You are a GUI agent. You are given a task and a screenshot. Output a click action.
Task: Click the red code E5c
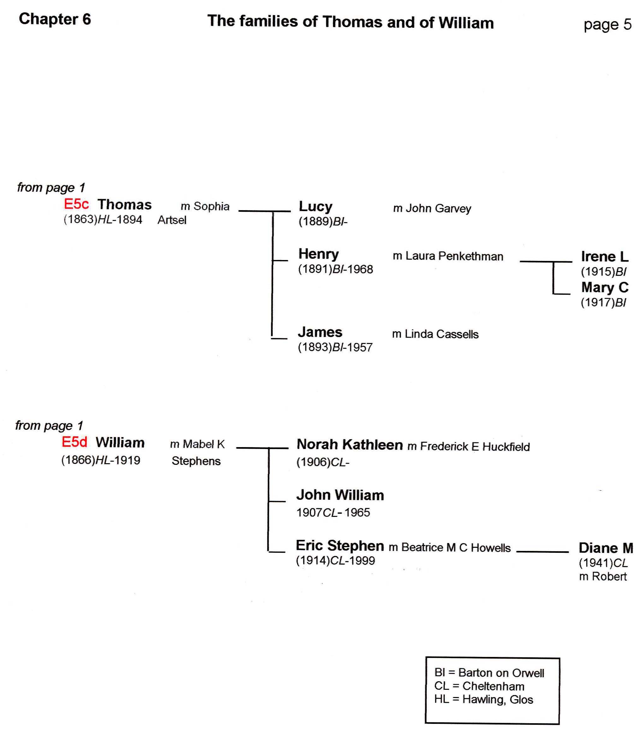[x=76, y=204]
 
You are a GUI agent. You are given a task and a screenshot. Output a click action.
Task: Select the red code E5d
[x=74, y=442]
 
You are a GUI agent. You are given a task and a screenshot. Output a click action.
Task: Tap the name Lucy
[x=315, y=207]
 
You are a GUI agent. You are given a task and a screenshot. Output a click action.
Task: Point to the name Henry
[x=318, y=254]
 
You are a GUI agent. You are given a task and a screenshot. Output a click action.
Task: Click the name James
[x=320, y=332]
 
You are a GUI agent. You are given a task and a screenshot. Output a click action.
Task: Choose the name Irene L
[x=604, y=256]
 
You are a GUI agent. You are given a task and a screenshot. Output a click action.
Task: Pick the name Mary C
[x=604, y=287]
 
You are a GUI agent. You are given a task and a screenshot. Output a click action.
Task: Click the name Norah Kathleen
[x=349, y=445]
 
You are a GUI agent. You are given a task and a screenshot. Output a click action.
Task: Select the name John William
[x=340, y=495]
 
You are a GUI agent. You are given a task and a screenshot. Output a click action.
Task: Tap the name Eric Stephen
[x=340, y=546]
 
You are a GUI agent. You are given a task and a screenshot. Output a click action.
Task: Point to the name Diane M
[x=605, y=548]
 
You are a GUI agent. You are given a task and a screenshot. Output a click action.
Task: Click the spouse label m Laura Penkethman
[x=448, y=256]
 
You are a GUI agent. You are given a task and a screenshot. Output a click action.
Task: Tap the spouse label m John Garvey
[x=432, y=209]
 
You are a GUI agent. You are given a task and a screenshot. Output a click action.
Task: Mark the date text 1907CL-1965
[x=333, y=513]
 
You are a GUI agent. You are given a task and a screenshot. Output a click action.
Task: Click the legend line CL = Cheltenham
[x=479, y=686]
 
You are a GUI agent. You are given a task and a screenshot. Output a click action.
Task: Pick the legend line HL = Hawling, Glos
[x=483, y=700]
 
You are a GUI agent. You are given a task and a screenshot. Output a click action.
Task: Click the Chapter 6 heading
[x=55, y=19]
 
